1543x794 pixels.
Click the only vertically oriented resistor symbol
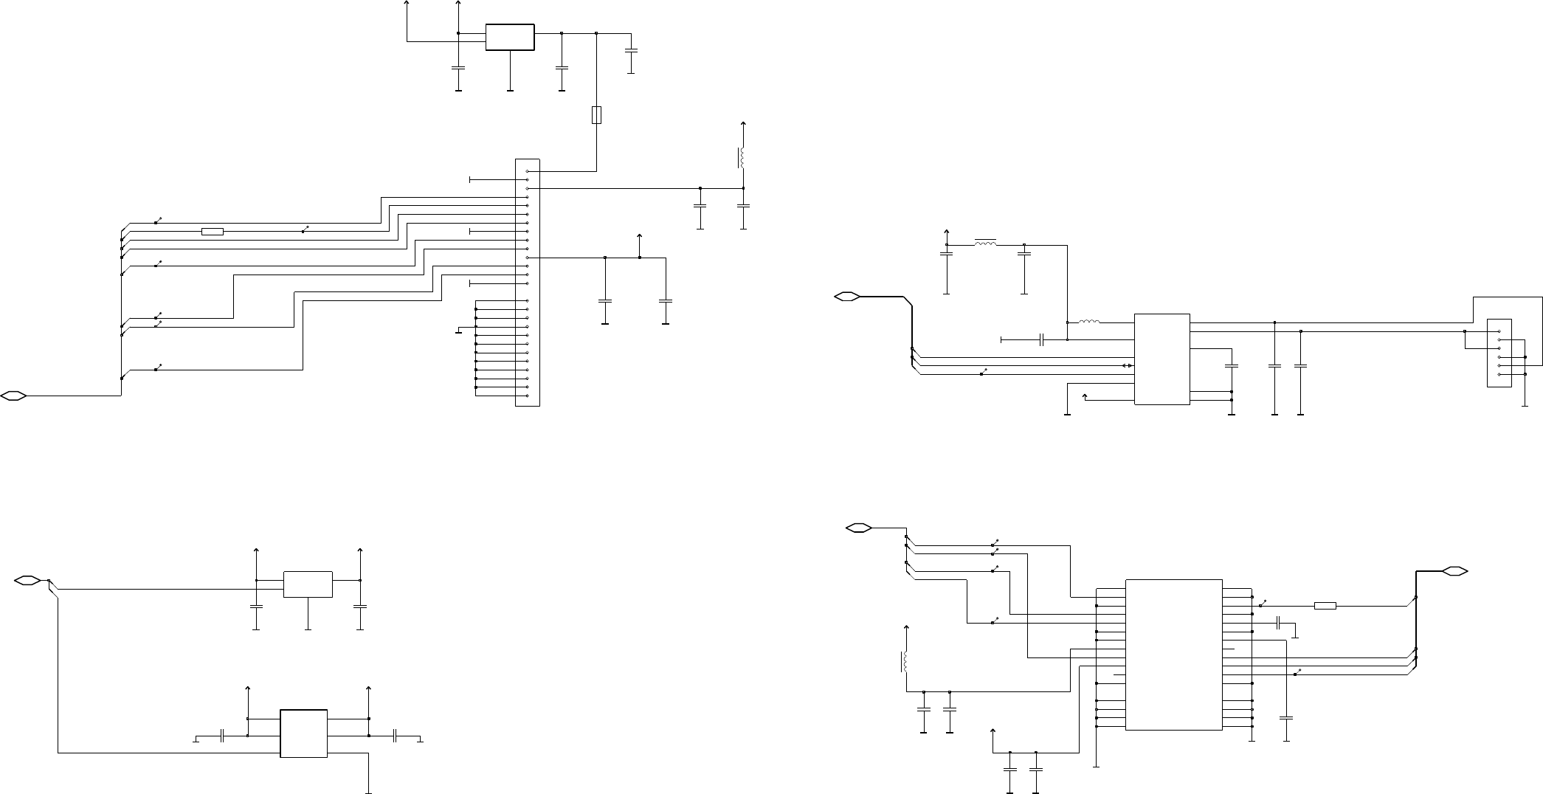596,115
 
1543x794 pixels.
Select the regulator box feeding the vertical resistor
510,38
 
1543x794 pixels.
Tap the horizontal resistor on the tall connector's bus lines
213,232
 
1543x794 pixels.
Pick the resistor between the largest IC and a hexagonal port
1325,606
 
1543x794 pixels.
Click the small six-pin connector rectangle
1499,353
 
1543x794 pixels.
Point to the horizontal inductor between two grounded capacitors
985,244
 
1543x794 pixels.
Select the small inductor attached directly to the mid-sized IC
1089,322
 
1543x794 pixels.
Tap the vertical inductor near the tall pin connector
742,158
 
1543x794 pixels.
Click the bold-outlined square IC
303,733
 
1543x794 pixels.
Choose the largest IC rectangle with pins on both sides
1173,655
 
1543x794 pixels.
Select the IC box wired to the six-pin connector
1161,359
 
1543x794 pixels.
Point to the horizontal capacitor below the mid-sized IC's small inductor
1041,339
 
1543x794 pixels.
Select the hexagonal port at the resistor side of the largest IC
1455,570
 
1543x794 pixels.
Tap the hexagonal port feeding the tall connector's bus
14,396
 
